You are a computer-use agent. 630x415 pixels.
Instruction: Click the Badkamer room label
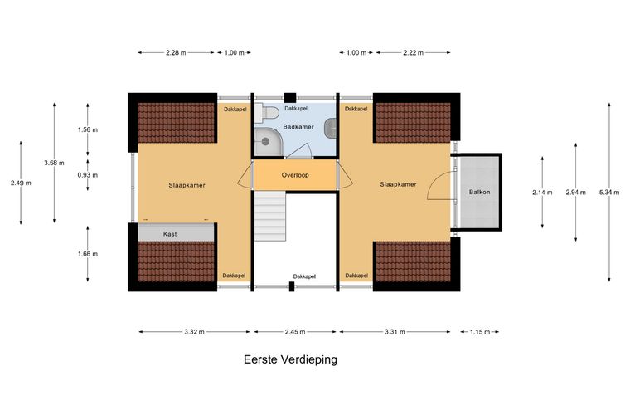click(298, 127)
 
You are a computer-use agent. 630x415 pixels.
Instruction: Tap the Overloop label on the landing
click(295, 175)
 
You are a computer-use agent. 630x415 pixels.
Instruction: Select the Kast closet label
click(170, 234)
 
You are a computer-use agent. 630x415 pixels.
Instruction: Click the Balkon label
click(479, 193)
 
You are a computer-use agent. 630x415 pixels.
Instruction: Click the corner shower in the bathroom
click(269, 142)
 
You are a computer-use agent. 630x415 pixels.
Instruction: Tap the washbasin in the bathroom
click(330, 128)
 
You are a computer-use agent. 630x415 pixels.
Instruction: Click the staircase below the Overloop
click(270, 217)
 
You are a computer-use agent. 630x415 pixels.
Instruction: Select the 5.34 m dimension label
click(609, 193)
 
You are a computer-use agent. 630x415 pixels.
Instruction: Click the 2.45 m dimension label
click(295, 332)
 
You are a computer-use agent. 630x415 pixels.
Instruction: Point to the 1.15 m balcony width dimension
click(480, 332)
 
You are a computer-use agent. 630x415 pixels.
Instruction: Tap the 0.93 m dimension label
click(88, 175)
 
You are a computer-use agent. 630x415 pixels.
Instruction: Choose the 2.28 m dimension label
click(176, 52)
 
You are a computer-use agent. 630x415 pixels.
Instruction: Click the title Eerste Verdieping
click(290, 359)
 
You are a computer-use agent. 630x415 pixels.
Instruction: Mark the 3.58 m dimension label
click(54, 163)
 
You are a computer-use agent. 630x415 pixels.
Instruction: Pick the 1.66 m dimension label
click(88, 254)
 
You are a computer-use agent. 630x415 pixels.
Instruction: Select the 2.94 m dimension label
click(576, 193)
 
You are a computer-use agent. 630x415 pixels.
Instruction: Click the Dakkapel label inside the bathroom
click(296, 109)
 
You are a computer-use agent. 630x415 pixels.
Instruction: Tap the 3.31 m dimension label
click(395, 332)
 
